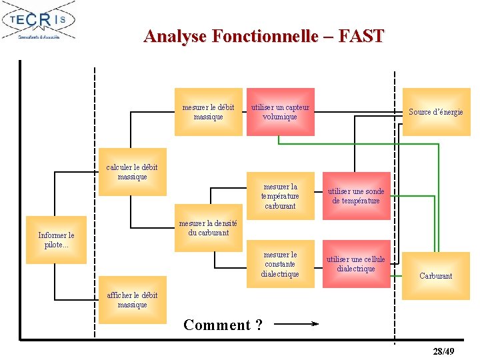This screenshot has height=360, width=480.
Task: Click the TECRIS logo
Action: [39, 21]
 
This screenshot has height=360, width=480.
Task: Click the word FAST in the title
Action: [361, 36]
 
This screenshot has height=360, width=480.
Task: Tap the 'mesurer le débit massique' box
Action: [209, 112]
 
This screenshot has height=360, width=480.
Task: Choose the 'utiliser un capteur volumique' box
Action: [280, 112]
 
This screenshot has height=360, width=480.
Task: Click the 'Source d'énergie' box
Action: [436, 112]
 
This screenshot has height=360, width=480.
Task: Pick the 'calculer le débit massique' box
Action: [133, 172]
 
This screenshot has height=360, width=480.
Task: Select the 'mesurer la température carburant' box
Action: [280, 196]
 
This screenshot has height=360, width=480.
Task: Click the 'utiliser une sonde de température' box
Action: [356, 196]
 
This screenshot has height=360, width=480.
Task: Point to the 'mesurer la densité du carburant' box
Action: [209, 228]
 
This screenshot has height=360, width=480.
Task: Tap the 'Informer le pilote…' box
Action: [57, 240]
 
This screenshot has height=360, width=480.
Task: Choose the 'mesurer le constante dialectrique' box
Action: [280, 264]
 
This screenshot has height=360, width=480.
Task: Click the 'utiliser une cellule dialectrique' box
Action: [356, 264]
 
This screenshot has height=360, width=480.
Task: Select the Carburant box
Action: [436, 275]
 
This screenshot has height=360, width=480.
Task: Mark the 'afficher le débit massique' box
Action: [133, 300]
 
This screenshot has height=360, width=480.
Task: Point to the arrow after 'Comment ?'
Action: [297, 325]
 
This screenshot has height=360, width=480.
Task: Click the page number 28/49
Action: [443, 351]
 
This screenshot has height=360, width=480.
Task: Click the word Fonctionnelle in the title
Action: [265, 36]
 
